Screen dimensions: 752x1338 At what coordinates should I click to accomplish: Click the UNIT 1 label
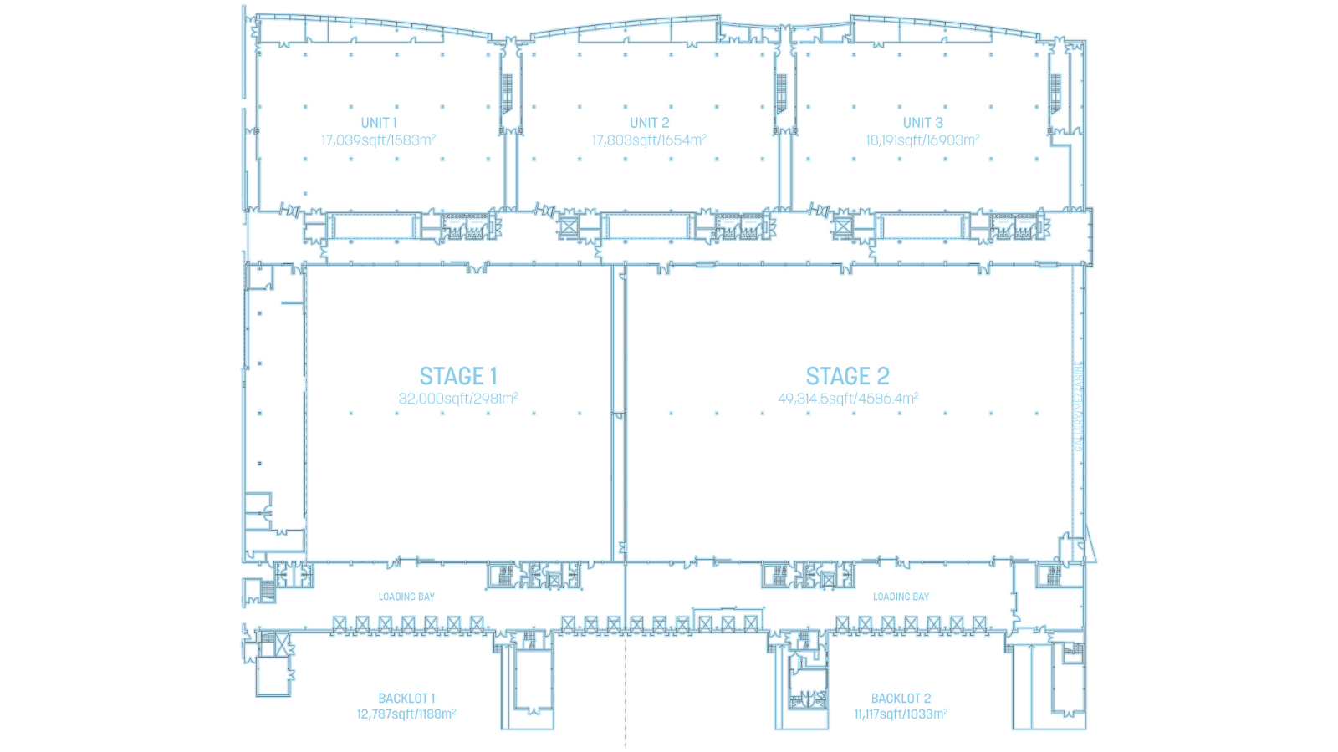[x=379, y=123]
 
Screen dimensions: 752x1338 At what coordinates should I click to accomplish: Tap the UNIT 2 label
[x=649, y=123]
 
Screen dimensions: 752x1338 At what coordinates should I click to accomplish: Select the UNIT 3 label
[x=922, y=123]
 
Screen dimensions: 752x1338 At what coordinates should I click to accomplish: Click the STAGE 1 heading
[x=458, y=377]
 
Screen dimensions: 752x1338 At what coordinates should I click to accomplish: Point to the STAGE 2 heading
[x=847, y=377]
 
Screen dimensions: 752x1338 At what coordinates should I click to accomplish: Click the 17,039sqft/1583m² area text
[x=379, y=140]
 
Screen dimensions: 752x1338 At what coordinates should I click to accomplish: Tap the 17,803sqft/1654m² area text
[x=649, y=140]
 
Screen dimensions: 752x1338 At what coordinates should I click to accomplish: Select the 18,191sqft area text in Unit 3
[x=922, y=140]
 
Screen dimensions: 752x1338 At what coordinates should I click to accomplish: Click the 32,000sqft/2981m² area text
[x=458, y=399]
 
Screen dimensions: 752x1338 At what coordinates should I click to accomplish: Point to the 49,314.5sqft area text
[x=848, y=399]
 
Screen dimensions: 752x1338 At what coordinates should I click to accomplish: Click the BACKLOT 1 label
[x=406, y=699]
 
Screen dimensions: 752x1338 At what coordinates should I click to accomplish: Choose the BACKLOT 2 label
[x=901, y=699]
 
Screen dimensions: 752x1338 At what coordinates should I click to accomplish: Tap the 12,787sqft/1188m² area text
[x=406, y=714]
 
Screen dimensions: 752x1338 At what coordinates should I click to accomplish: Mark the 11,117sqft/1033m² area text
[x=901, y=714]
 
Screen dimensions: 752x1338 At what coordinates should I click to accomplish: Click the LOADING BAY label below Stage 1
[x=406, y=597]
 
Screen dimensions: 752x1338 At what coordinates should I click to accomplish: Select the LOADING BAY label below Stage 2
[x=901, y=597]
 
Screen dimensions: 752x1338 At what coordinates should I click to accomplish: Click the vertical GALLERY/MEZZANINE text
[x=1079, y=406]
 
